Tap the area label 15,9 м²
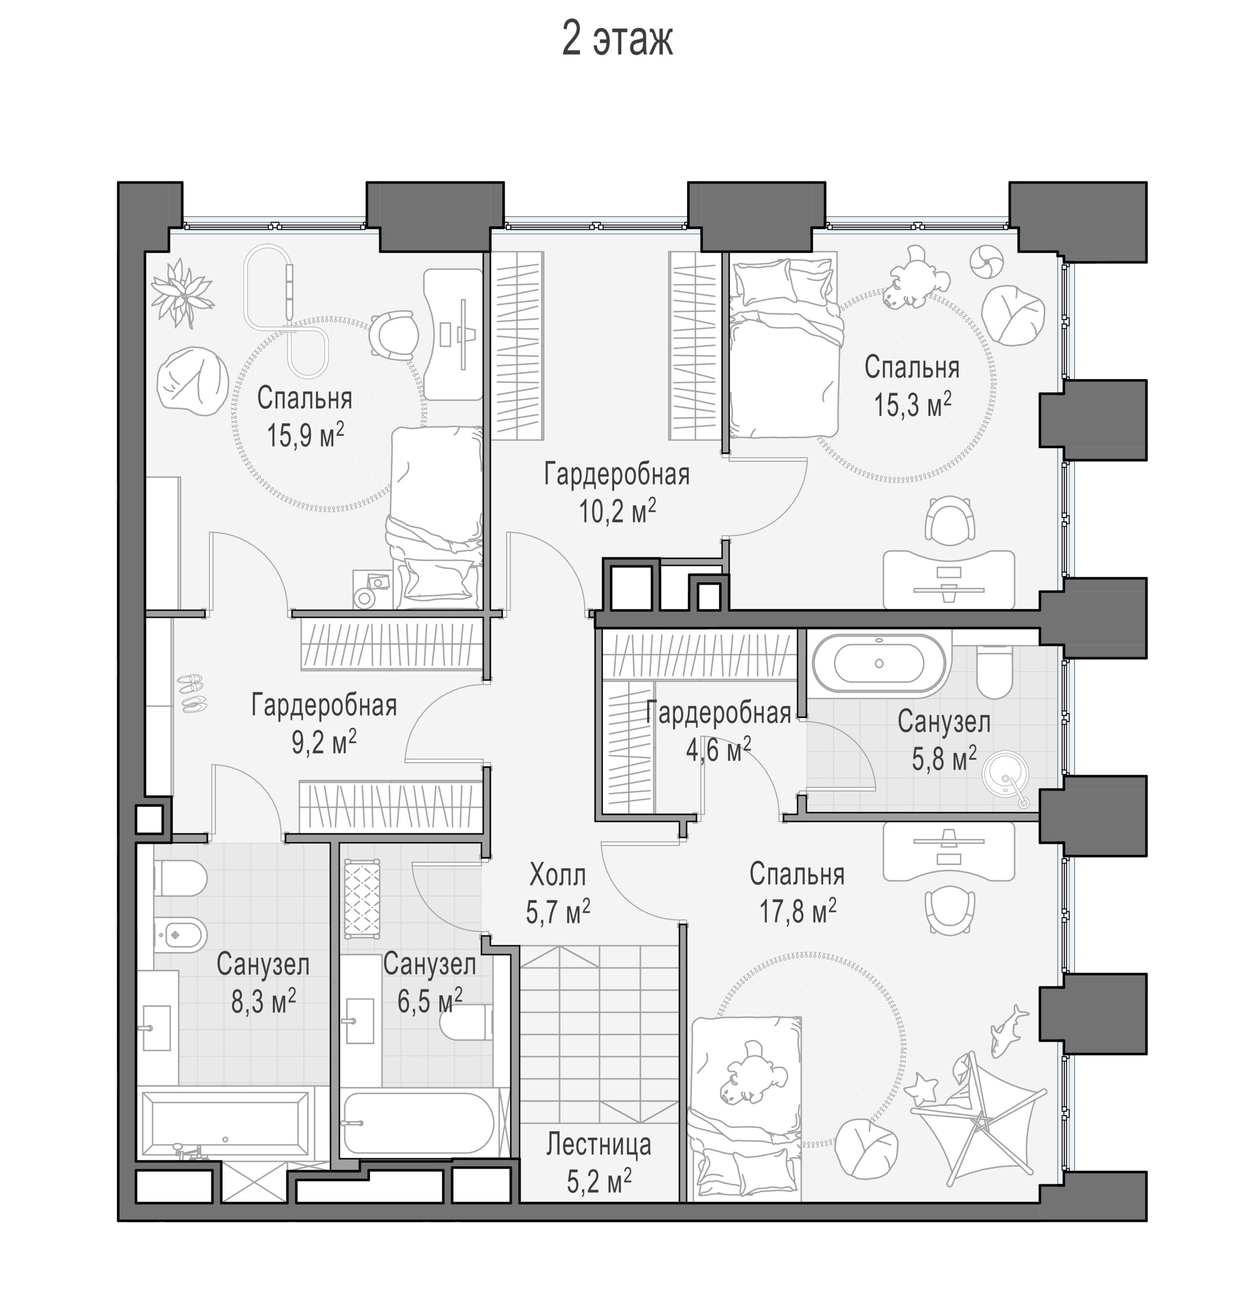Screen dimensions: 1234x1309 [x=305, y=435]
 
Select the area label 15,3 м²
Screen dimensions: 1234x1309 [x=912, y=404]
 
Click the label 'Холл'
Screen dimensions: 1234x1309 [x=557, y=876]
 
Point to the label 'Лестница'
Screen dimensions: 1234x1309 [x=598, y=1145]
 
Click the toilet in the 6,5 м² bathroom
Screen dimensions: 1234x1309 [x=466, y=1022]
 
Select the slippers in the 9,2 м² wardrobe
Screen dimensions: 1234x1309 [x=192, y=693]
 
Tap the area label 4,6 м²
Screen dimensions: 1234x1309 [x=718, y=749]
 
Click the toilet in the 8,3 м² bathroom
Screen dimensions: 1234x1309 [x=181, y=878]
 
